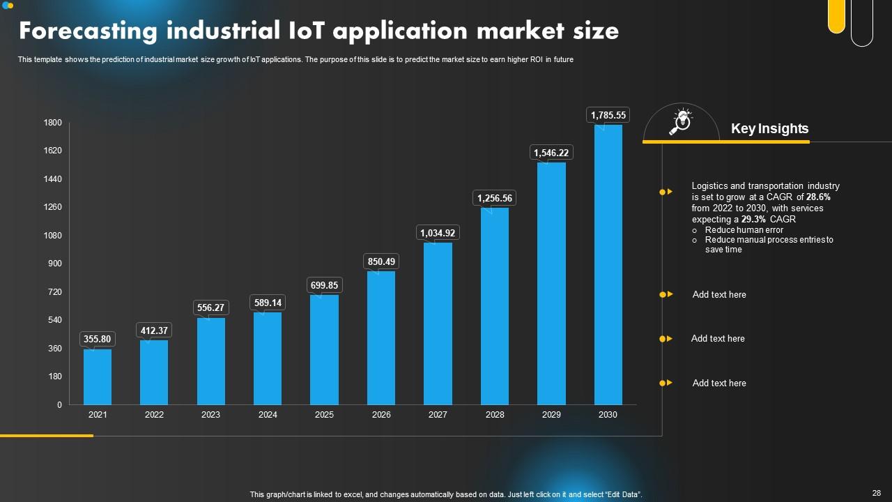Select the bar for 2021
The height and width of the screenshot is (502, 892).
point(98,376)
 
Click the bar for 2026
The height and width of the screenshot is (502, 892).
point(381,337)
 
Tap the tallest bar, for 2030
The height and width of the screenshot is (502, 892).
point(608,265)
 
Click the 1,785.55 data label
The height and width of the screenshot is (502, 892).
point(608,115)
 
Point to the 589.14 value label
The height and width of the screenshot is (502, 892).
point(268,303)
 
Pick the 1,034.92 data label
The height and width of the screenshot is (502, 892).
point(438,233)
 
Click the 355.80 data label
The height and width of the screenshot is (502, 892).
point(98,340)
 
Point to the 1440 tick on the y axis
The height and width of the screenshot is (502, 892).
point(53,179)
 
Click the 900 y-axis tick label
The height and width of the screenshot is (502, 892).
point(55,264)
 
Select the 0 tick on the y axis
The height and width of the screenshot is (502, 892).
point(59,404)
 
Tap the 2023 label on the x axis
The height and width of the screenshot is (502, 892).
point(210,415)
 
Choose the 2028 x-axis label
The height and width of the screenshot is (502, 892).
point(495,415)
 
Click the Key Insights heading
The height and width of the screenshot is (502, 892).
point(769,129)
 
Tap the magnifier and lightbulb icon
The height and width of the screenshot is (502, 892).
point(680,121)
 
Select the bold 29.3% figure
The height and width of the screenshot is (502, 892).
point(753,219)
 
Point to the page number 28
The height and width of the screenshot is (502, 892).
point(877,492)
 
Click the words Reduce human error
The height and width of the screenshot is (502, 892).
point(744,230)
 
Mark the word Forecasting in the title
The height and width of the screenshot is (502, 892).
point(89,31)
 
